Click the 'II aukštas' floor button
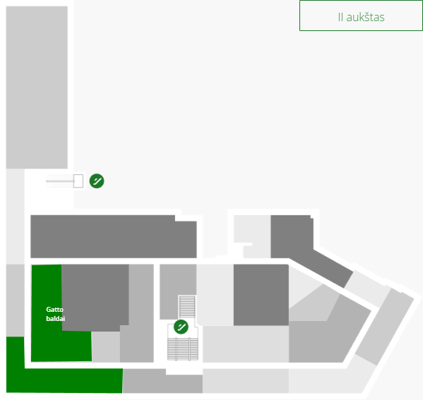(361, 16)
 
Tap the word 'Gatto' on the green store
(55, 310)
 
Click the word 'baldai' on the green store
(56, 319)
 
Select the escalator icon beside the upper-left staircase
(97, 181)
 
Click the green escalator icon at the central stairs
(181, 327)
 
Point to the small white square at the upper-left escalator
(78, 181)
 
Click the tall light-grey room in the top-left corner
(37, 87)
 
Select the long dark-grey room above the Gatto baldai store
(113, 236)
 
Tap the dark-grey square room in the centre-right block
(261, 295)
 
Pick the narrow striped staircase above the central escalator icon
(187, 307)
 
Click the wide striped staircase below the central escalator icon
(183, 349)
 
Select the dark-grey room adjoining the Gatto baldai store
(95, 296)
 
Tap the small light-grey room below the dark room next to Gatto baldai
(106, 346)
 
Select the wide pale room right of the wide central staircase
(246, 344)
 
